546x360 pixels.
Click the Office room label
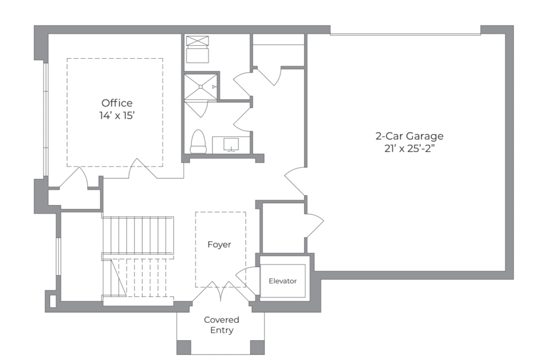(x=117, y=103)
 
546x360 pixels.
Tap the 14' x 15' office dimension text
(x=117, y=115)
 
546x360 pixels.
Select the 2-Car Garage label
(x=409, y=136)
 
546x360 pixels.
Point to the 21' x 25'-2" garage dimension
(x=410, y=149)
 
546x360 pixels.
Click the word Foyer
(x=220, y=245)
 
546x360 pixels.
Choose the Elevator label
(x=283, y=281)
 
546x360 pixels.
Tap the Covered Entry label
(x=221, y=325)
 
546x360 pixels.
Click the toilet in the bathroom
(x=198, y=142)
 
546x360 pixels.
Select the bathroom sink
(x=231, y=145)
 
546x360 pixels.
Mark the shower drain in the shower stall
(x=201, y=87)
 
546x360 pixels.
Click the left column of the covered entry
(x=184, y=347)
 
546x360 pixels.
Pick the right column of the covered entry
(x=258, y=347)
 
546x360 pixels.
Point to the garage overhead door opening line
(x=405, y=34)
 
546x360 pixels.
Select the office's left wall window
(x=46, y=119)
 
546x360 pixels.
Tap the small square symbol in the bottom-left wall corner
(x=53, y=301)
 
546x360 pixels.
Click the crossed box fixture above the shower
(x=197, y=41)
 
